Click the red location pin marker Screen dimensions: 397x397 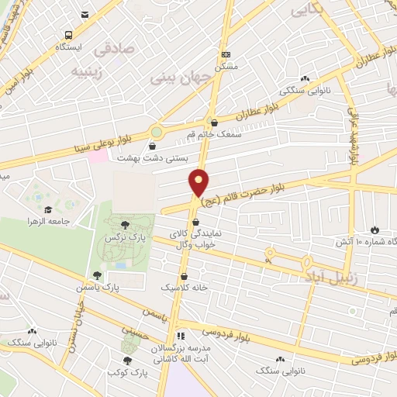pos(199,181)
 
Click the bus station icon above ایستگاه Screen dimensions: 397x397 pos(69,35)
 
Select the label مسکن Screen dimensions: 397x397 pos(226,67)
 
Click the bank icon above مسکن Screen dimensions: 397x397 pos(226,54)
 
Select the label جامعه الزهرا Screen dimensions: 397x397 pos(71,221)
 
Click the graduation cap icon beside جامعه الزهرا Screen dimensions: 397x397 pos(47,209)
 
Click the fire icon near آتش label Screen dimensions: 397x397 pos(375,230)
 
